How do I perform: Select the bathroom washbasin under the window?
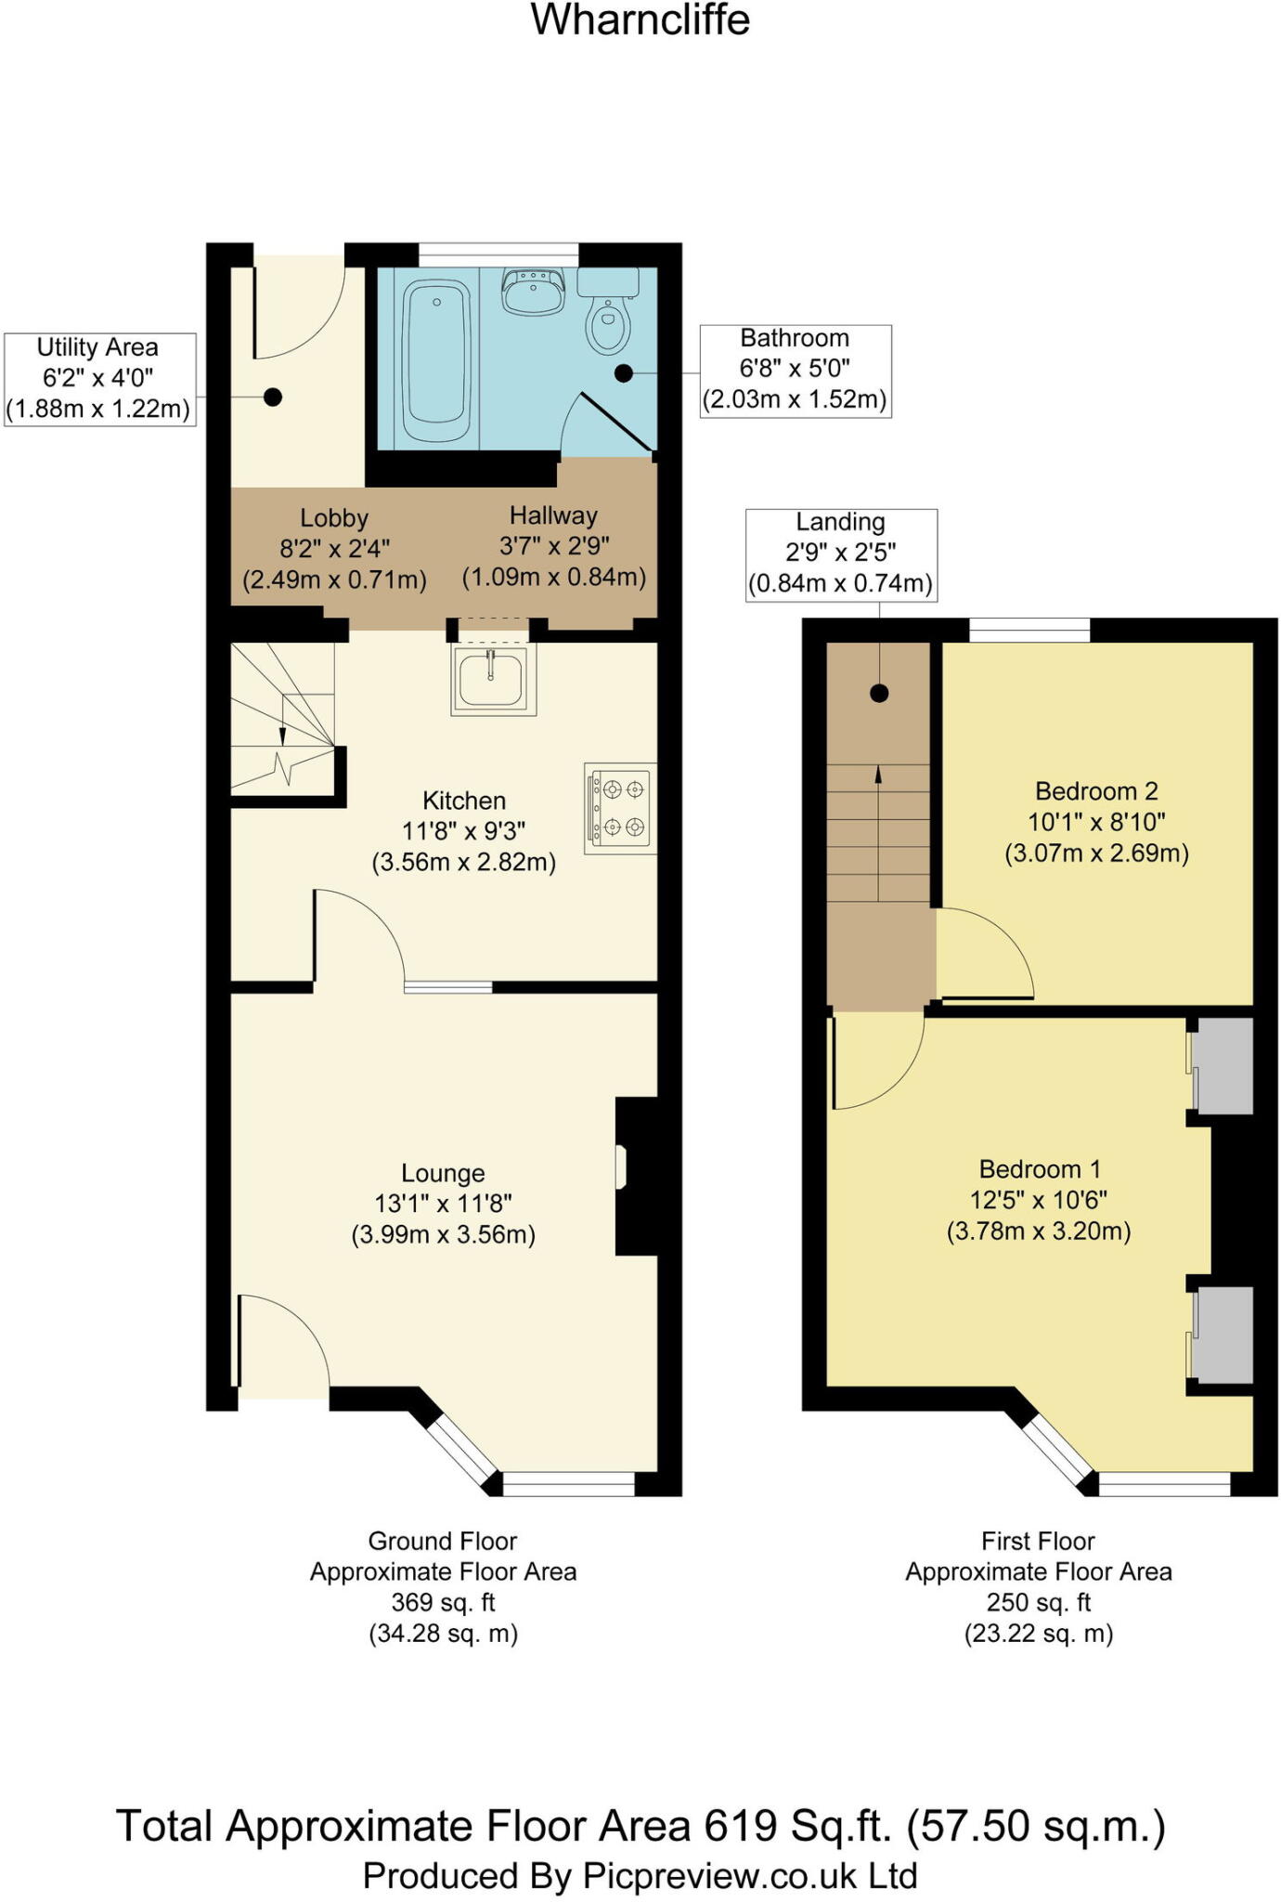(533, 291)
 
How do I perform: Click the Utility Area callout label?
(100, 379)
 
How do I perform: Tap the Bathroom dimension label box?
(796, 371)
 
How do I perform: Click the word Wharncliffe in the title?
(640, 20)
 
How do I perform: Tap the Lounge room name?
(443, 1173)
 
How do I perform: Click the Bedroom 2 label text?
(1096, 791)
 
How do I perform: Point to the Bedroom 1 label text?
(1040, 1169)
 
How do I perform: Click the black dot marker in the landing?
(879, 693)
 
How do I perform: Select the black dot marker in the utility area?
(273, 397)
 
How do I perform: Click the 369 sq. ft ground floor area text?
(444, 1602)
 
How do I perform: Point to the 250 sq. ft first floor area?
(1039, 1602)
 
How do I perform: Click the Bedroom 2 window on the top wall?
(1030, 630)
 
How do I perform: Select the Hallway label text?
(553, 515)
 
